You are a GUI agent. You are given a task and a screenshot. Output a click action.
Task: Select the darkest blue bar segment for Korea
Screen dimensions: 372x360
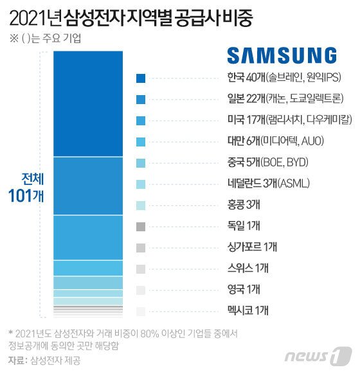point(87,103)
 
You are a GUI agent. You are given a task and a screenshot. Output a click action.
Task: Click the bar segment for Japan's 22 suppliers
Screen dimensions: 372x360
point(87,186)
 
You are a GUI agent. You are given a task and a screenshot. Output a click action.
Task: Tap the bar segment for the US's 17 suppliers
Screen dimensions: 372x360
point(87,237)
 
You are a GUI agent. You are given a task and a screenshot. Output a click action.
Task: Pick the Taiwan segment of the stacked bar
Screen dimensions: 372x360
point(87,268)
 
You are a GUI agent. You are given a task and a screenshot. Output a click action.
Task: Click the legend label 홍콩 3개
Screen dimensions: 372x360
point(178,205)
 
